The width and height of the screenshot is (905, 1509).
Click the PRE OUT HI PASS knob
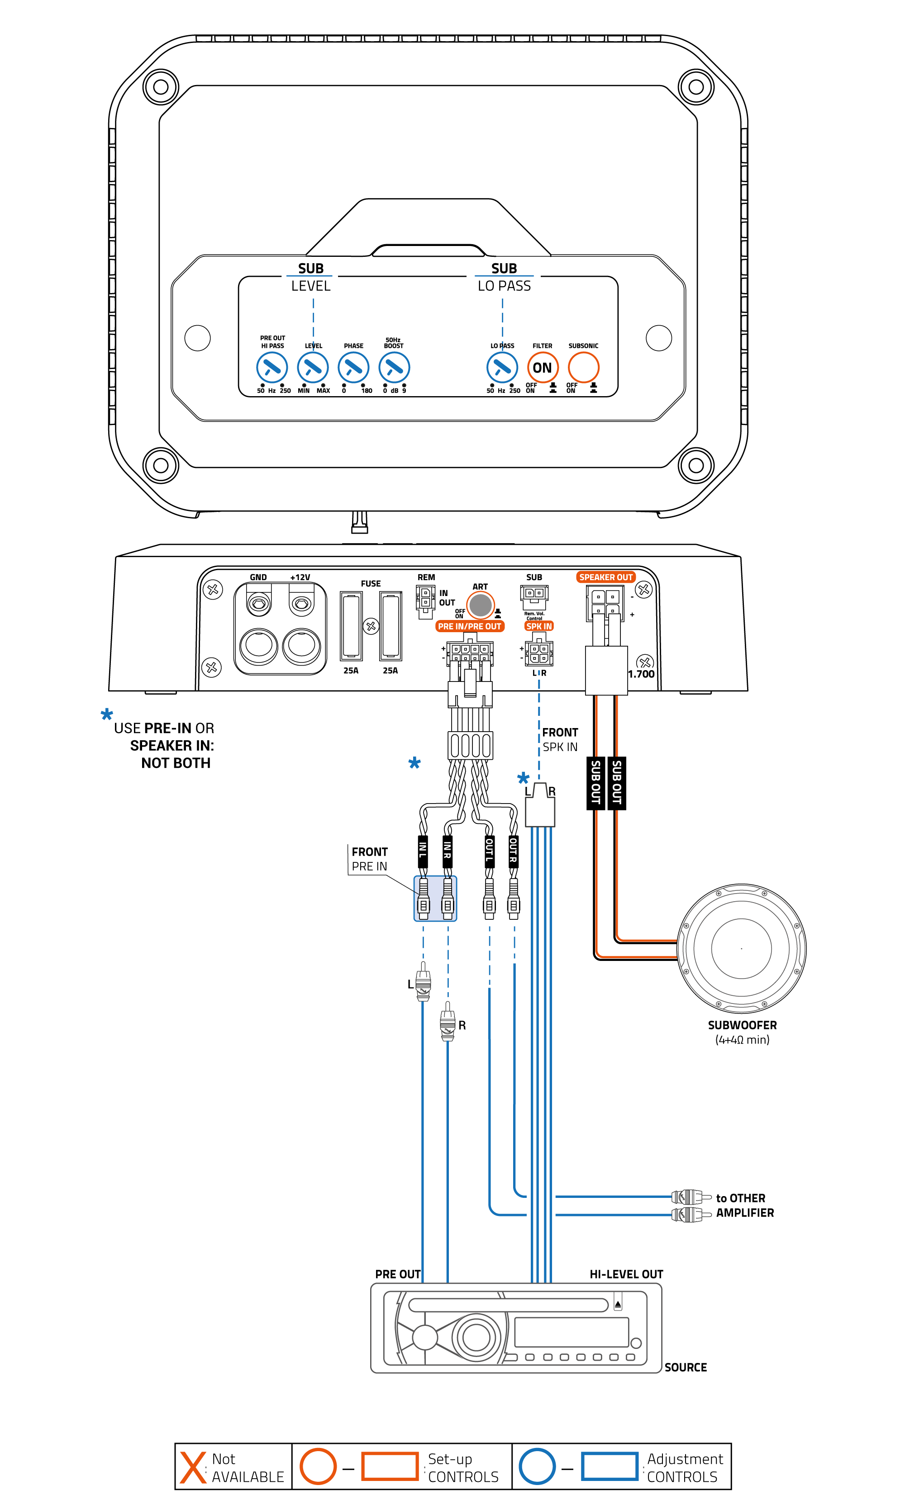[x=272, y=368]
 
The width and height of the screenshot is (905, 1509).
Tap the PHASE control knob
[x=354, y=368]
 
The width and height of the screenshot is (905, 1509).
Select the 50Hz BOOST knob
[x=394, y=368]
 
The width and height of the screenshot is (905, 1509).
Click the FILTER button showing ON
[x=542, y=368]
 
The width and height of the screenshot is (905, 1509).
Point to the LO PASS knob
[x=502, y=368]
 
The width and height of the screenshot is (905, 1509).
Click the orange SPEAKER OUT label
[x=605, y=577]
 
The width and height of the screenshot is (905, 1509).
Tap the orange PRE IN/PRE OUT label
[x=470, y=626]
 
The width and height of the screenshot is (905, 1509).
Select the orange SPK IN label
[x=539, y=626]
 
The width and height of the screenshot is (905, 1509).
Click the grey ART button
[x=481, y=605]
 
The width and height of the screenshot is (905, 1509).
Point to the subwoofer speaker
[x=742, y=948]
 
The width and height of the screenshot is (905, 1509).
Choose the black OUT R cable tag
[x=514, y=851]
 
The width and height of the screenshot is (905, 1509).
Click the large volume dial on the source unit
[x=476, y=1337]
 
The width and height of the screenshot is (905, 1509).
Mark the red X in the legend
[x=193, y=1467]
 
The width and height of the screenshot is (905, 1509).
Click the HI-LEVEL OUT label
[x=626, y=1274]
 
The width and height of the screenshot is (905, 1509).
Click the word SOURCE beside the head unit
[x=686, y=1367]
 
